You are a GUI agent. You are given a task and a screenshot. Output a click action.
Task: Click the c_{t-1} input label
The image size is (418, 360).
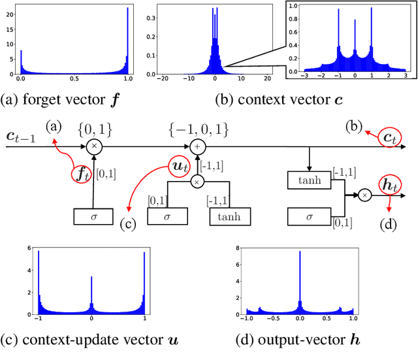[22, 137]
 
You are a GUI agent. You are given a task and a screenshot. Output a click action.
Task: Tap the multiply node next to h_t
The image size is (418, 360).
[364, 194]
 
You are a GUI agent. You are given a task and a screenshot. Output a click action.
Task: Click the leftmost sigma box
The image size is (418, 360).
[95, 216]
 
